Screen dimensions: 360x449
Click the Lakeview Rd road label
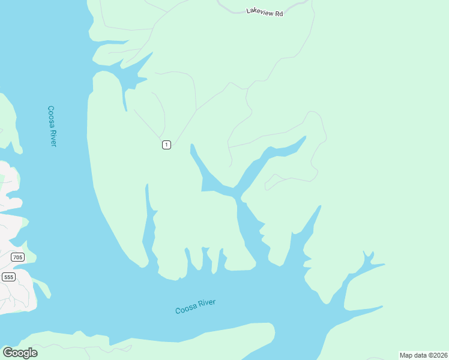click(264, 11)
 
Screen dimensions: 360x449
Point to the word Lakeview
click(259, 11)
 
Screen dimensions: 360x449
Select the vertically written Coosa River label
click(52, 126)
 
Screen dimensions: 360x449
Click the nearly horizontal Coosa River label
click(195, 306)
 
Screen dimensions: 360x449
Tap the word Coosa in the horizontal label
click(185, 309)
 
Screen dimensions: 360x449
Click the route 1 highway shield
click(166, 144)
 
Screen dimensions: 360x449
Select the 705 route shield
click(17, 257)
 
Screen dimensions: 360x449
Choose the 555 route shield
click(8, 277)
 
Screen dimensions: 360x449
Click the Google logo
click(20, 352)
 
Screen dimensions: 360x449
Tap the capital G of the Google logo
click(8, 352)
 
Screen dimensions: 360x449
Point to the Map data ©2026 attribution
click(423, 355)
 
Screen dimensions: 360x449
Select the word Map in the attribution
click(406, 355)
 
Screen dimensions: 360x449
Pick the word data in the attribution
click(421, 355)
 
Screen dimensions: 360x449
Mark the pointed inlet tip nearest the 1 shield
click(191, 145)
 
